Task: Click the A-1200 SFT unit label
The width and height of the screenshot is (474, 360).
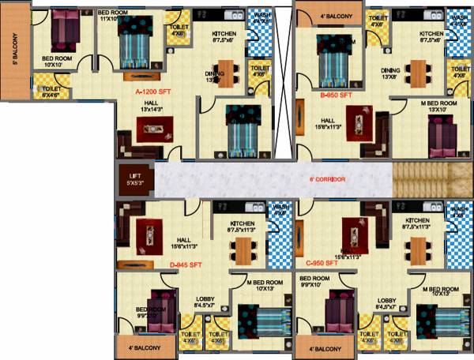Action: (x=153, y=92)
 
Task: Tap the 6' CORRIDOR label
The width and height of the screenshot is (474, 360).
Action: (x=325, y=179)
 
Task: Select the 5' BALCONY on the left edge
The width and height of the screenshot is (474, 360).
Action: (x=14, y=56)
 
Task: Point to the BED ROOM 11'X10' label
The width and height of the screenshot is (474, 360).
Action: (x=113, y=16)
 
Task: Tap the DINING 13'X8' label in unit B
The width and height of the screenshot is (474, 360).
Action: (x=391, y=73)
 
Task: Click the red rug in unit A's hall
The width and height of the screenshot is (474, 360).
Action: (x=149, y=129)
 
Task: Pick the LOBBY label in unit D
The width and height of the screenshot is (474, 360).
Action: (x=205, y=302)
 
